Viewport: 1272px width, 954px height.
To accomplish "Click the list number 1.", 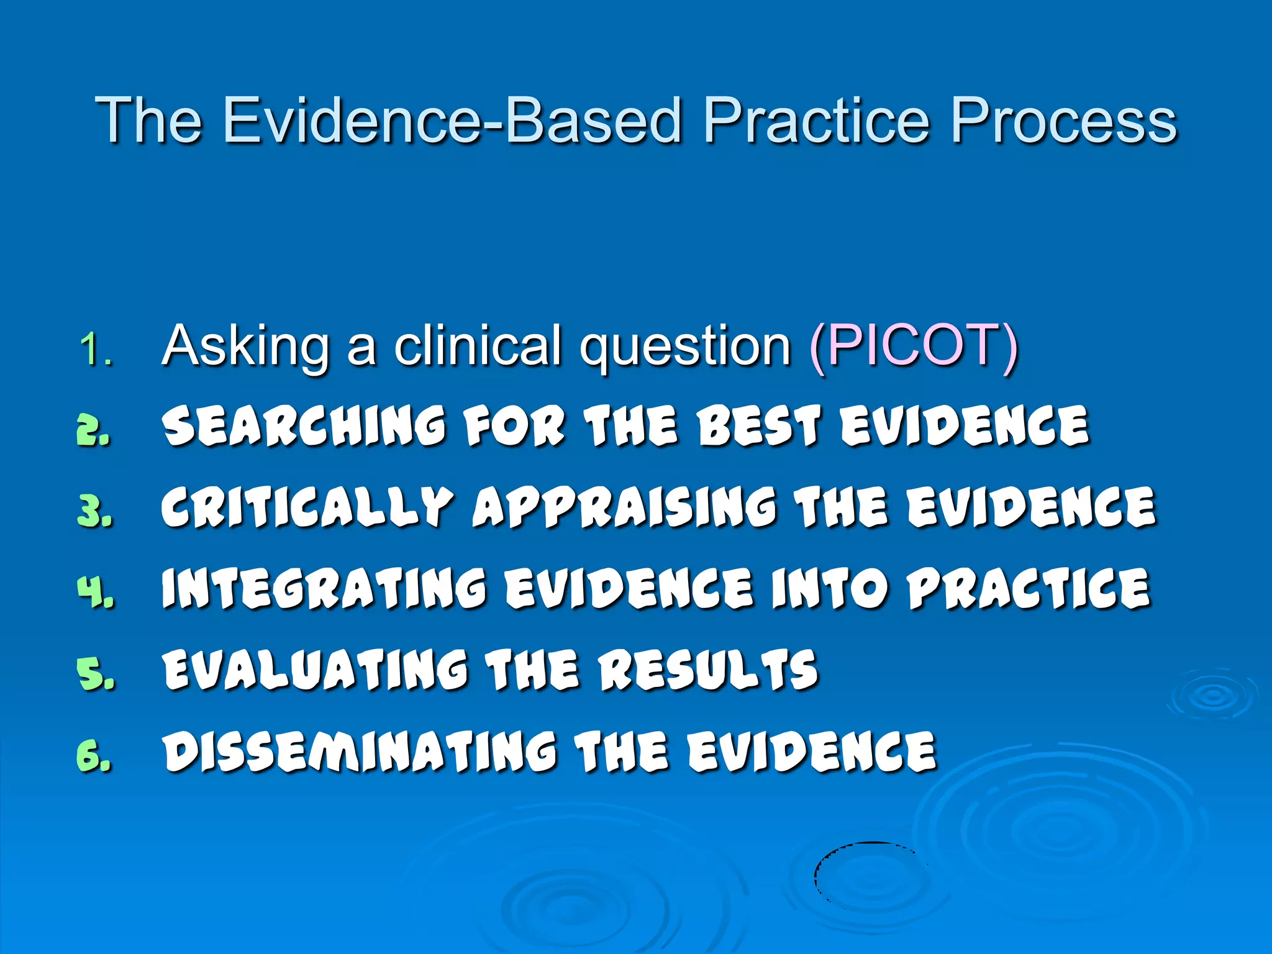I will point(94,350).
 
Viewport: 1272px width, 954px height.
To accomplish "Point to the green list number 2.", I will point(93,430).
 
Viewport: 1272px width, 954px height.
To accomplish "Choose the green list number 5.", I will point(95,673).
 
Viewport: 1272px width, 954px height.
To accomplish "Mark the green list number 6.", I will point(94,755).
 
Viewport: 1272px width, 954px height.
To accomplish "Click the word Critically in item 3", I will point(307,507).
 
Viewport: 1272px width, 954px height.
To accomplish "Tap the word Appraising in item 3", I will point(624,507).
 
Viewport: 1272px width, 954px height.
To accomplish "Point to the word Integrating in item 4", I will point(324,588).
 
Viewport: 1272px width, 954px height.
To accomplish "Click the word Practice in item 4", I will point(1029,588).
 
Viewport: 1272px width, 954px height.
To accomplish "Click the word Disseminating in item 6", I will point(360,752).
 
